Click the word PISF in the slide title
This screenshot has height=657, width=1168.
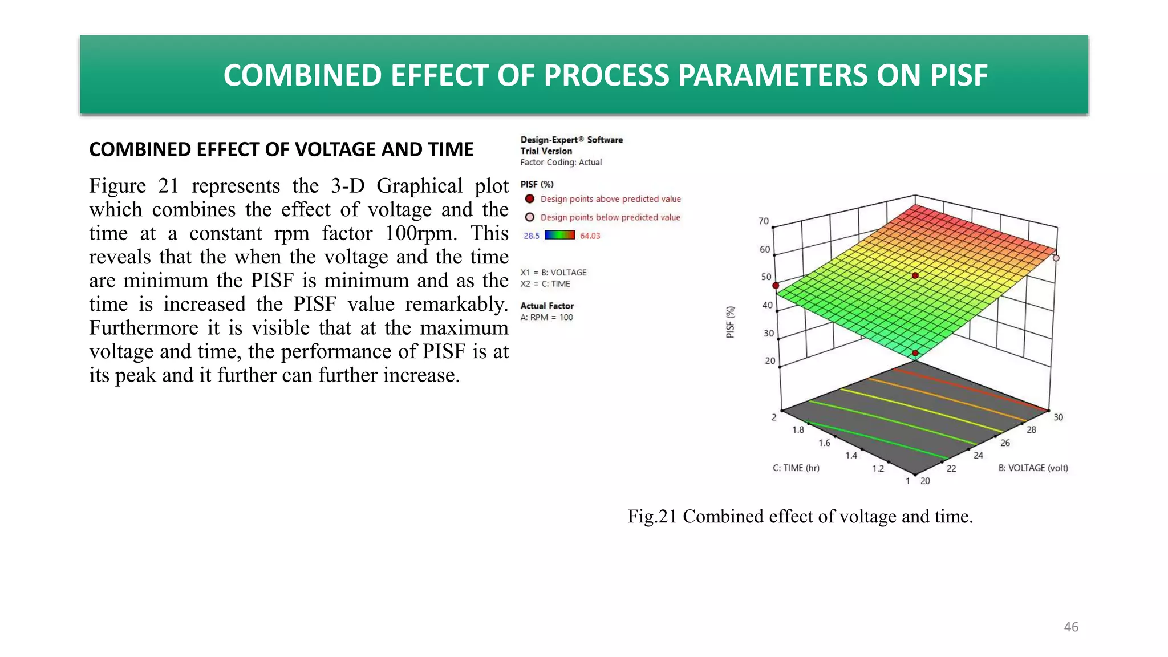point(959,75)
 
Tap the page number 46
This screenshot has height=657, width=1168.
point(1071,627)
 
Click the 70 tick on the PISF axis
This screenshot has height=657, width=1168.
point(764,221)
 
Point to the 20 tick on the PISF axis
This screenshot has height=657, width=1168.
point(770,361)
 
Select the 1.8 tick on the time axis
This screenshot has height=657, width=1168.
point(798,430)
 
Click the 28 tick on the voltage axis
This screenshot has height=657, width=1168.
point(1031,430)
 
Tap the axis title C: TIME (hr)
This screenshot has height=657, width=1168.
point(796,468)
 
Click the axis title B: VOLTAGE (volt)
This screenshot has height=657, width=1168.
point(1033,468)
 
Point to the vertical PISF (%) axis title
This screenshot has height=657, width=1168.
point(730,322)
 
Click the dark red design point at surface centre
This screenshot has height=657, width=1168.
point(915,276)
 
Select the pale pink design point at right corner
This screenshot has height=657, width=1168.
point(1056,258)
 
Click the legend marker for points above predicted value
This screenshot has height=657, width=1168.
point(530,199)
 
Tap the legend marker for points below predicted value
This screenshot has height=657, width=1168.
point(530,217)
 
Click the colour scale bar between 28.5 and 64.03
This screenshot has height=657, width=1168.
point(559,235)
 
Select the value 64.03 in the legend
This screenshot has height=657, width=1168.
point(590,236)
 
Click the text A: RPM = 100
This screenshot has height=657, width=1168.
point(546,318)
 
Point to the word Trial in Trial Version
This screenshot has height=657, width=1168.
point(529,151)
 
